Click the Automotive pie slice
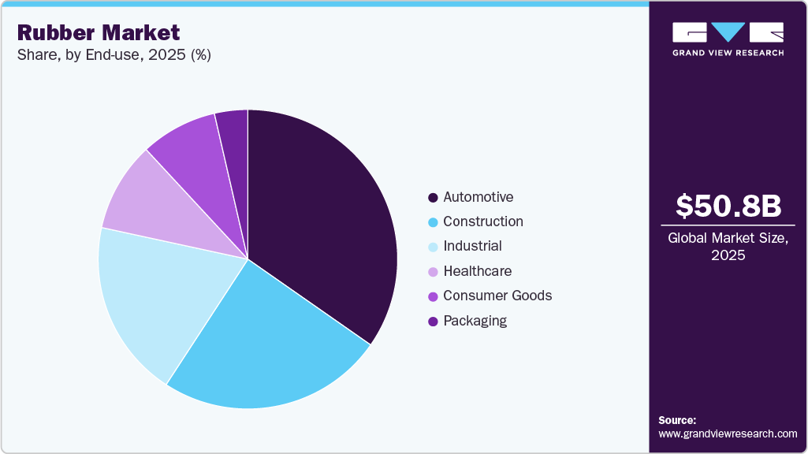[323, 221]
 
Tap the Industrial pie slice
[158, 300]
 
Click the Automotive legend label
[478, 197]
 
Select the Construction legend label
[482, 221]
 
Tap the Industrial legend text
[472, 246]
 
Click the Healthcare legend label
[477, 271]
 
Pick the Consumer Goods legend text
[497, 296]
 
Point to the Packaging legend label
[475, 321]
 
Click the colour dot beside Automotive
[432, 197]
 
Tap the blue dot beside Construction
[432, 222]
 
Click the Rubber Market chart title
[99, 32]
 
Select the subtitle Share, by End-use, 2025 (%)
[114, 55]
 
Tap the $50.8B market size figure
[728, 206]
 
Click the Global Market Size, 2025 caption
[728, 247]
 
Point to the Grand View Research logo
[728, 39]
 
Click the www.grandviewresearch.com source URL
[728, 434]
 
